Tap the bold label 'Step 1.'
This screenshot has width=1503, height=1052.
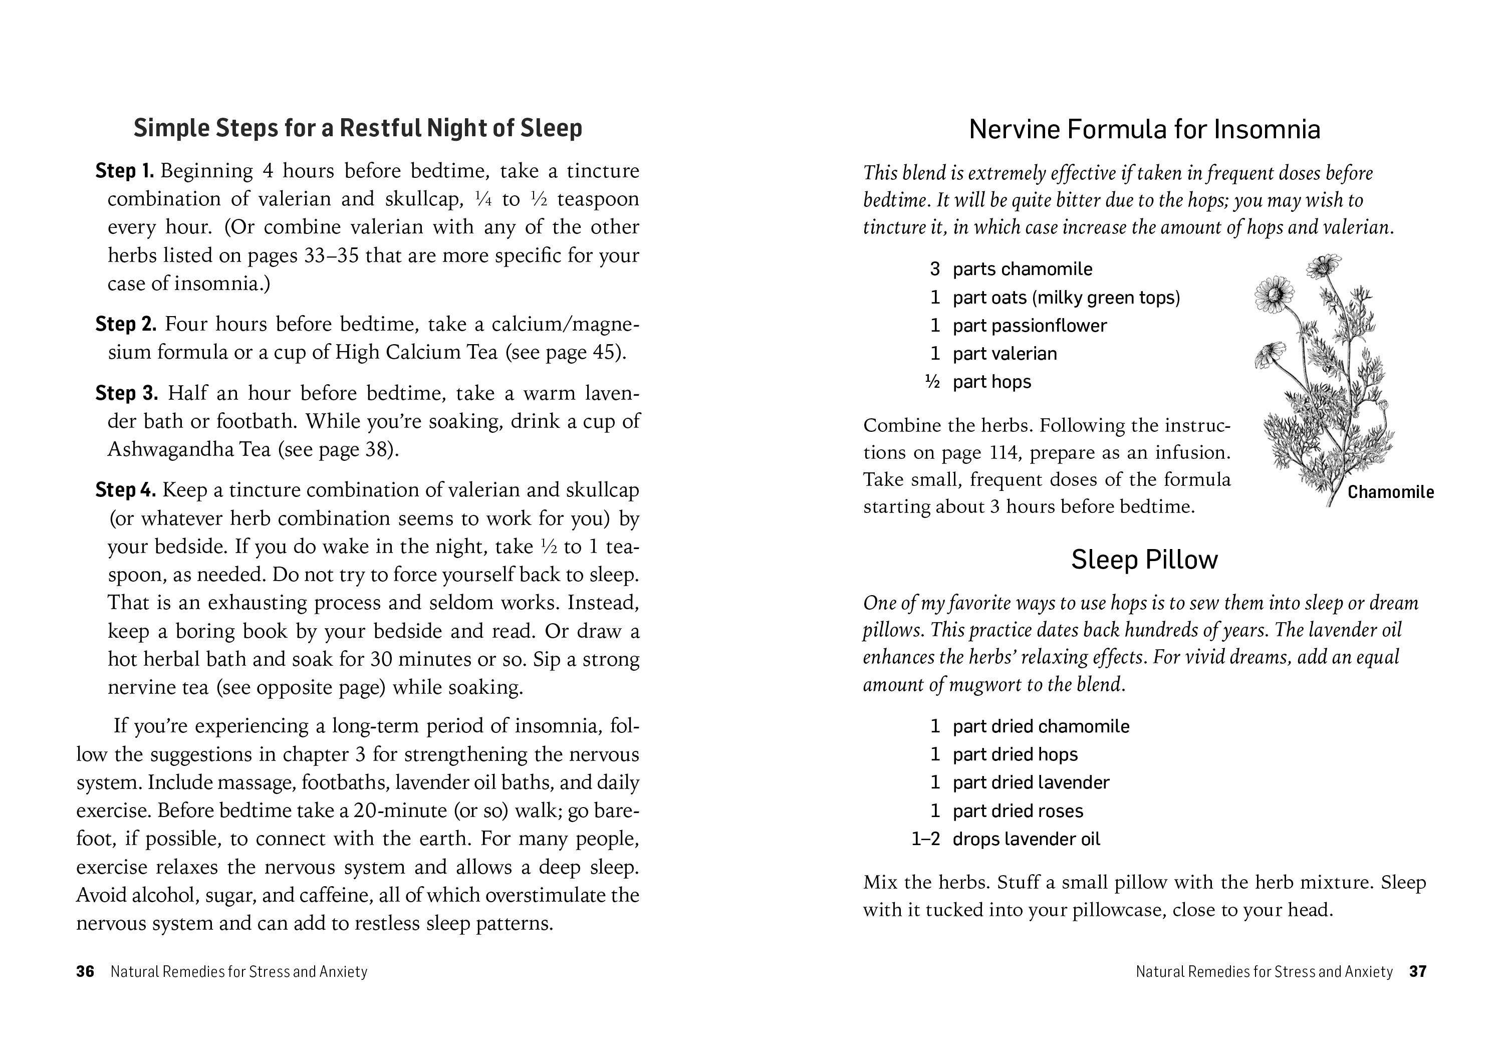124,171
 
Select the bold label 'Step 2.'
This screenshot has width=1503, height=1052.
126,324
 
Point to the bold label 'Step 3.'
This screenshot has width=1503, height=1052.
126,393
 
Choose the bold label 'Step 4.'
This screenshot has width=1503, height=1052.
126,489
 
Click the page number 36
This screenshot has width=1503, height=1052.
85,971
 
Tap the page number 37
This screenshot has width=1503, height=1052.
1418,971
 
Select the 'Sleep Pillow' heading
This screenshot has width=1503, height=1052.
1144,560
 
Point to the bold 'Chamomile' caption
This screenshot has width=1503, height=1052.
1390,492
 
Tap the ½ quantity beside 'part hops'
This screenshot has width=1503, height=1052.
932,382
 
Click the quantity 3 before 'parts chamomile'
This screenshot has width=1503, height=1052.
935,269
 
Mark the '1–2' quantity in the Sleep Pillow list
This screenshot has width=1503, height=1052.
926,839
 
